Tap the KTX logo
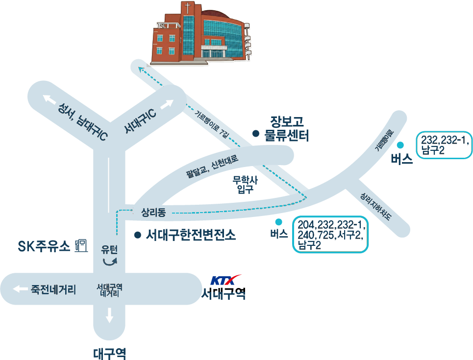(225, 280)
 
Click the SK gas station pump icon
(81, 245)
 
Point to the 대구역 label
(109, 354)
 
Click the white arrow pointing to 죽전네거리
(20, 289)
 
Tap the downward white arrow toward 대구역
(109, 315)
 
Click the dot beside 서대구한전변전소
(138, 235)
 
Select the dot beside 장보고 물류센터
(256, 133)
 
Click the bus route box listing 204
(330, 234)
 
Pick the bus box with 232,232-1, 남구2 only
(444, 145)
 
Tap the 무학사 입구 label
(245, 185)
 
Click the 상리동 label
(153, 213)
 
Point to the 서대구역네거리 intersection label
(109, 290)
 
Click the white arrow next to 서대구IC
(167, 104)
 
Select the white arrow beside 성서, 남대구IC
(49, 99)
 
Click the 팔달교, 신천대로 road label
(212, 166)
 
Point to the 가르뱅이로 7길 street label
(212, 124)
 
